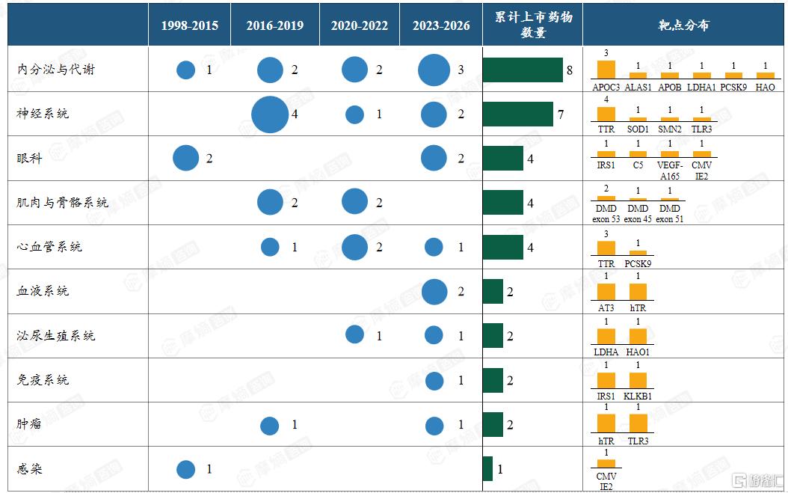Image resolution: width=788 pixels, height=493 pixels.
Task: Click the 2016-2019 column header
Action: [x=275, y=25]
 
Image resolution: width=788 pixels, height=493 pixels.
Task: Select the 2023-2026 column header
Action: [x=441, y=25]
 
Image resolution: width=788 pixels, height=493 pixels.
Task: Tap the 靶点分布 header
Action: [x=683, y=25]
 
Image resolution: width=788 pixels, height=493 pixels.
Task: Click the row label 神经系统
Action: [x=42, y=114]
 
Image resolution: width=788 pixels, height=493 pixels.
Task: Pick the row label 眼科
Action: [x=29, y=159]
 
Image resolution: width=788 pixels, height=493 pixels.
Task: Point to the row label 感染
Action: [x=29, y=469]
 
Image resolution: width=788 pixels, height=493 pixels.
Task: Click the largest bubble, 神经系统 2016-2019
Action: [x=270, y=114]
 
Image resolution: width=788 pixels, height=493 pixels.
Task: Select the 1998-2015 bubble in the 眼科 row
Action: [x=186, y=158]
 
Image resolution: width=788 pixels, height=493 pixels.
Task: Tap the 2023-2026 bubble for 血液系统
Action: [x=434, y=292]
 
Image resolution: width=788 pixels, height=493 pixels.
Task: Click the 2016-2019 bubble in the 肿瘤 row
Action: [x=270, y=426]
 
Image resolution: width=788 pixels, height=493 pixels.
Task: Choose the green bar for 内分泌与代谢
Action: [x=523, y=70]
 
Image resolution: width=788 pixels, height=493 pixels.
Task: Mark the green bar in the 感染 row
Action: [x=487, y=468]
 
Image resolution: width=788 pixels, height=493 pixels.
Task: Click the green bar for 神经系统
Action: [x=517, y=114]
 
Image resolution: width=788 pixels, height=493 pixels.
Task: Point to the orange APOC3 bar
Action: [x=606, y=70]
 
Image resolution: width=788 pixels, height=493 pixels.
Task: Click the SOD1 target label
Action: [x=638, y=129]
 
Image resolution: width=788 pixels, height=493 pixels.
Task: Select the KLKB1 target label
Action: [x=638, y=396]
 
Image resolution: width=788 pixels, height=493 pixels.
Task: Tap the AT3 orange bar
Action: [x=606, y=292]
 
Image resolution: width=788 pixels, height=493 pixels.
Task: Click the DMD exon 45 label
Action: [x=638, y=213]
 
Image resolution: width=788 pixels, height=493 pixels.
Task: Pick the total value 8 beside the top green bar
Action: [x=570, y=70]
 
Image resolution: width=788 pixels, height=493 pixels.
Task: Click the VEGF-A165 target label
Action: [x=670, y=170]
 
